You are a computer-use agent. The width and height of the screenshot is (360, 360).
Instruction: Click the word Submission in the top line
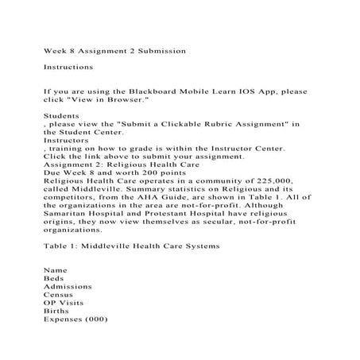pyautogui.click(x=158, y=50)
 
